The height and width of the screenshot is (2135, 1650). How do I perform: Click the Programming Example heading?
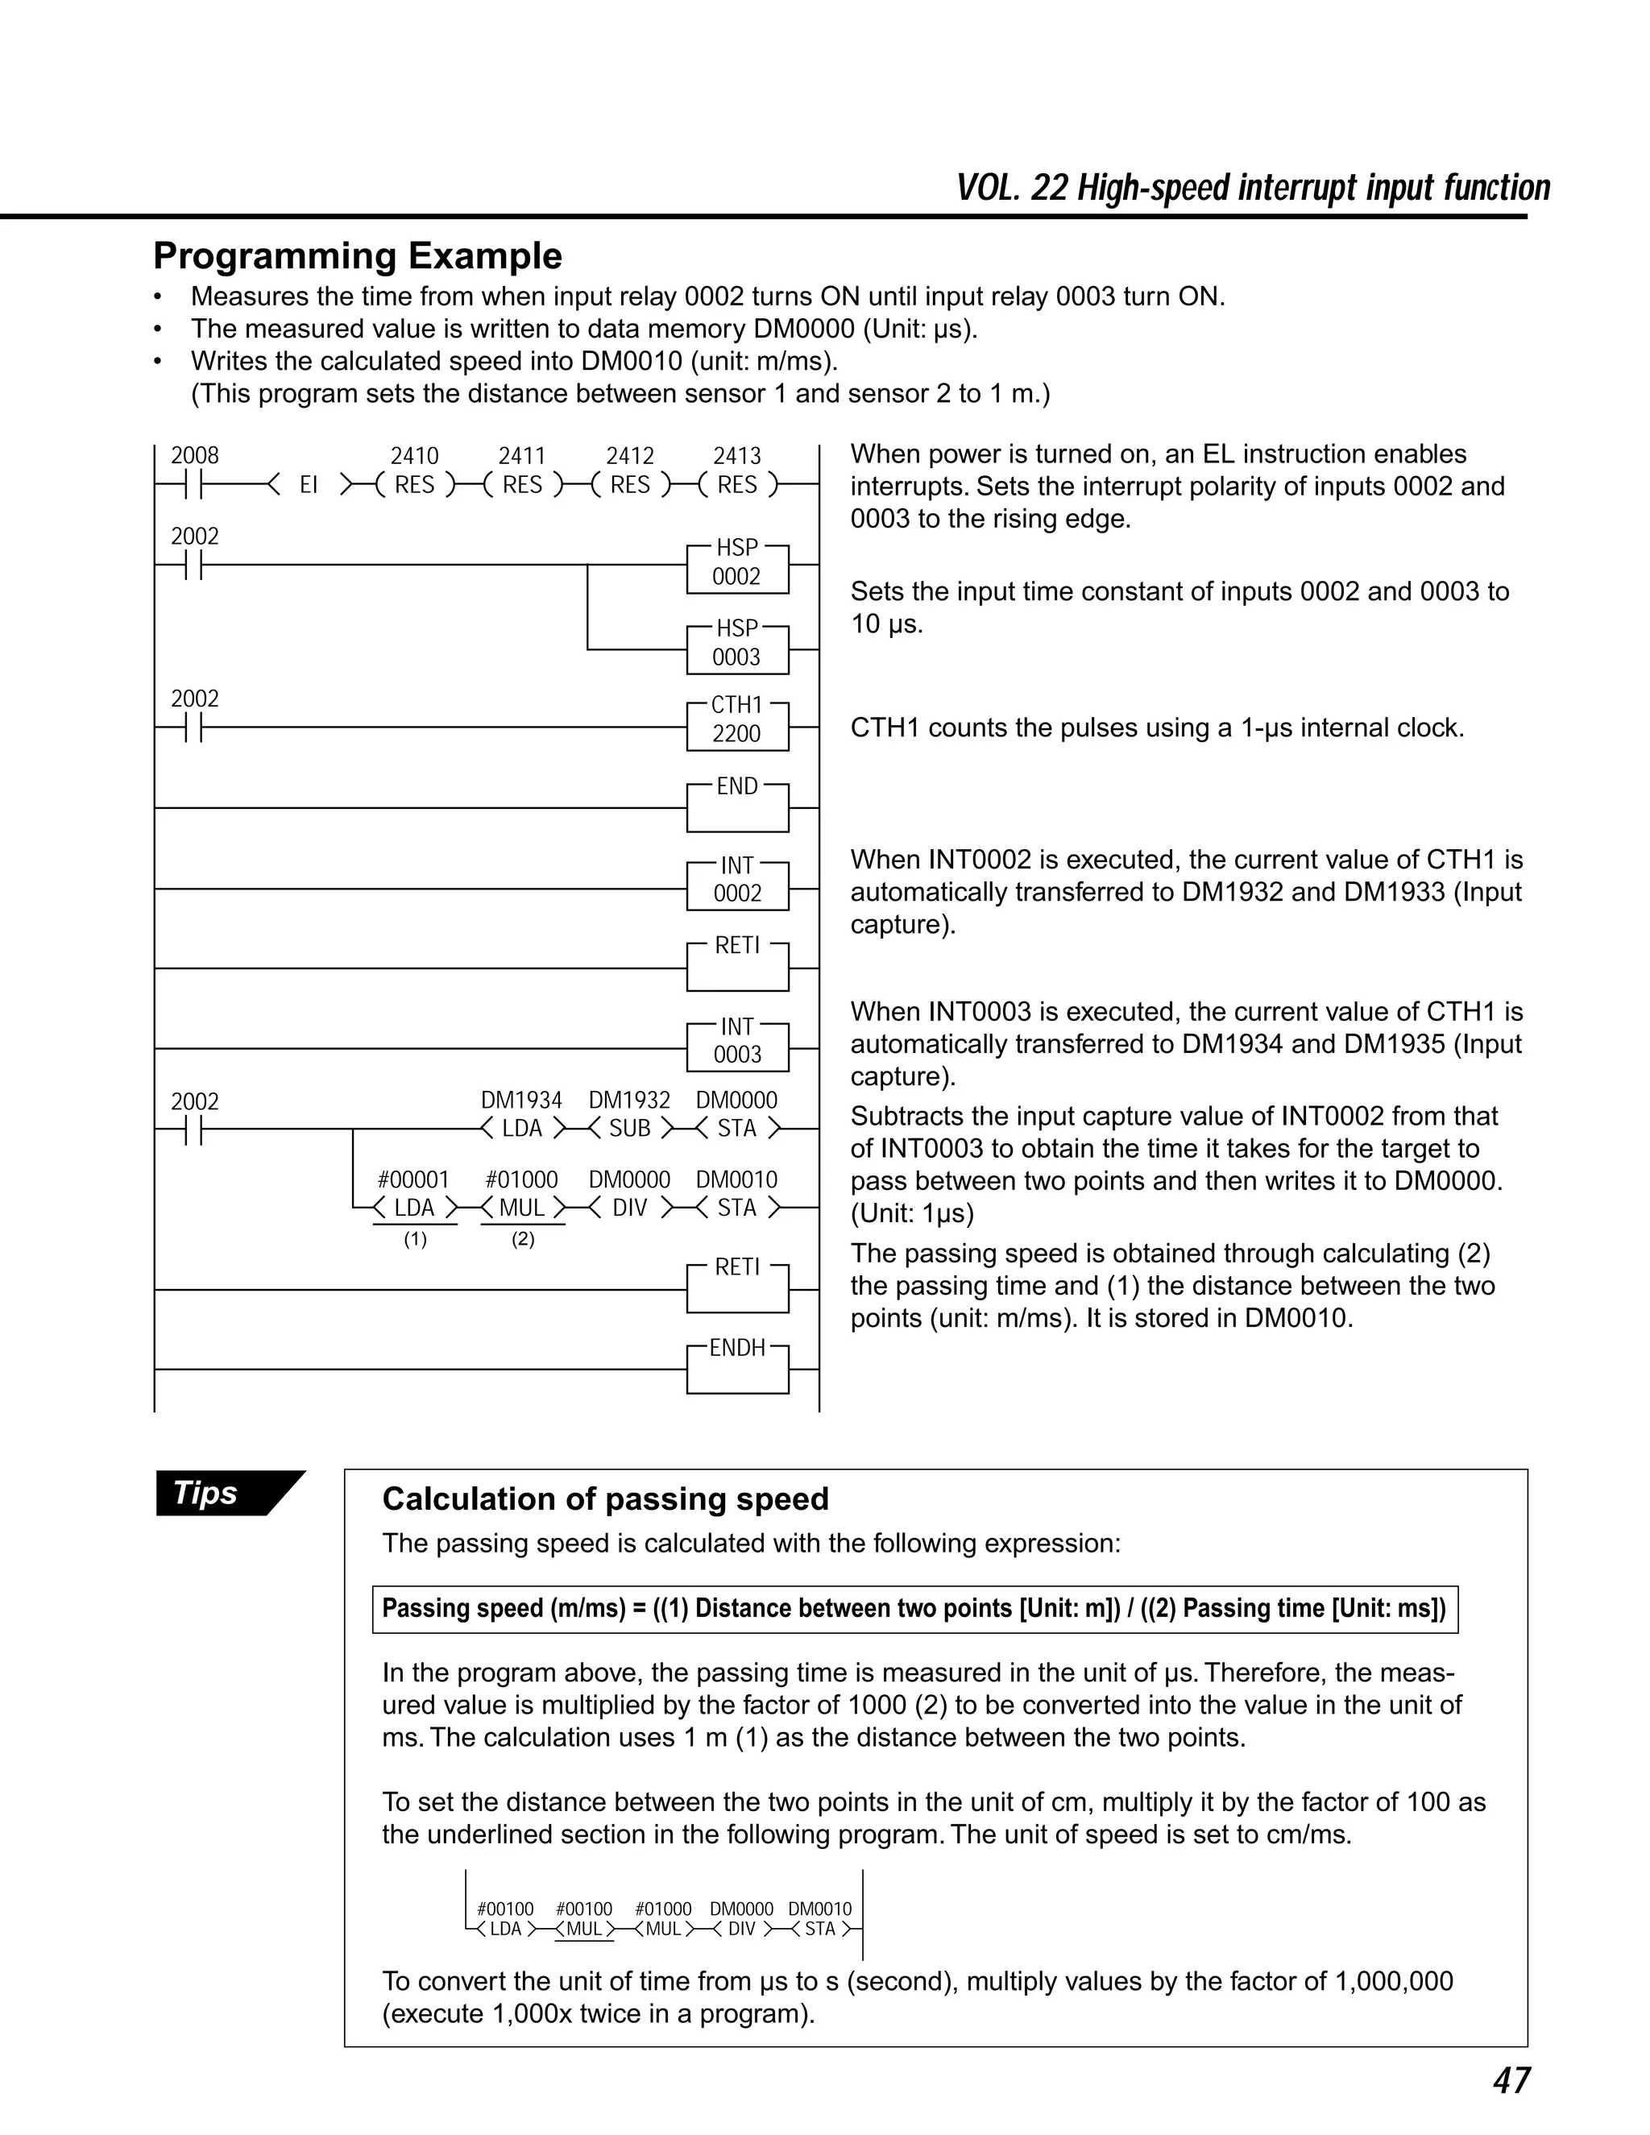tap(358, 256)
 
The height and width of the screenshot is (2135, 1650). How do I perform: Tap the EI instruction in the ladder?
tap(309, 485)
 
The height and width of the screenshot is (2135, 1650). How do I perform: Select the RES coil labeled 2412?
tap(629, 485)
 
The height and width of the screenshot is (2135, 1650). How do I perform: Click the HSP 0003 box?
tap(737, 647)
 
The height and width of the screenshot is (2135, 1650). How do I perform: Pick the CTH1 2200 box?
tap(737, 724)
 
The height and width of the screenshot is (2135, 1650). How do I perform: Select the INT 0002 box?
tap(737, 884)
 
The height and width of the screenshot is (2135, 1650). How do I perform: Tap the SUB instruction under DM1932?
tap(629, 1128)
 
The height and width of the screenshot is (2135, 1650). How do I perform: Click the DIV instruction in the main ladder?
tap(629, 1208)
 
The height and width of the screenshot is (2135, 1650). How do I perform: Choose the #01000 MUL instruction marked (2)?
tap(522, 1208)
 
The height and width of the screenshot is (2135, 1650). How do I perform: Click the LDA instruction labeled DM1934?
tap(522, 1128)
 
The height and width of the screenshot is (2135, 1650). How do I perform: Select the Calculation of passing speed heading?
tap(605, 1499)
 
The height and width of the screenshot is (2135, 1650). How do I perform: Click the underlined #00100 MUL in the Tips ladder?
tap(583, 1929)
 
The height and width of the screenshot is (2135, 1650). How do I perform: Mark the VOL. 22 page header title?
tap(1252, 188)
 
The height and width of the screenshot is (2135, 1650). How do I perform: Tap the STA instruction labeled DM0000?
tap(737, 1128)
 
